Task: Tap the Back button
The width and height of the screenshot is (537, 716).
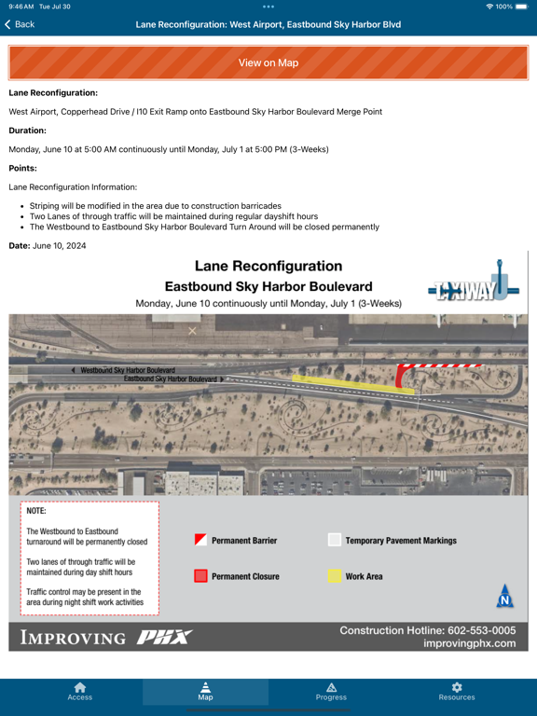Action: (19, 24)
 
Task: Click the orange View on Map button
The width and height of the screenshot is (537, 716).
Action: (268, 62)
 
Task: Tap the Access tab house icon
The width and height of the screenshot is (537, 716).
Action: (80, 687)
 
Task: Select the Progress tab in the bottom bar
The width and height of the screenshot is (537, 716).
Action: (331, 691)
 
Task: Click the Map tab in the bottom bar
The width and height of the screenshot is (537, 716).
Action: (205, 691)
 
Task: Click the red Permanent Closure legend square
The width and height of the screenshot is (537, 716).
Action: (200, 576)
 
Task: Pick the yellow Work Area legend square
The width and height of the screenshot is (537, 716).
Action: (335, 576)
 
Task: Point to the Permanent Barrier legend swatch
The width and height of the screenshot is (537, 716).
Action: (200, 540)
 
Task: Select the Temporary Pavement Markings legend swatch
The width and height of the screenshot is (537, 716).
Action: (335, 540)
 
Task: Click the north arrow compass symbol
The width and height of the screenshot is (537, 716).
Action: (504, 597)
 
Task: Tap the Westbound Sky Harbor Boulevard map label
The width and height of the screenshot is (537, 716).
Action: (128, 370)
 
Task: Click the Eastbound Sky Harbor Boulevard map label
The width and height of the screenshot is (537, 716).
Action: (170, 379)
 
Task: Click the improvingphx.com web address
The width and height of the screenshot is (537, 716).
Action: (469, 643)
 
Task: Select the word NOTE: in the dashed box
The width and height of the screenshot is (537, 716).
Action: (36, 511)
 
